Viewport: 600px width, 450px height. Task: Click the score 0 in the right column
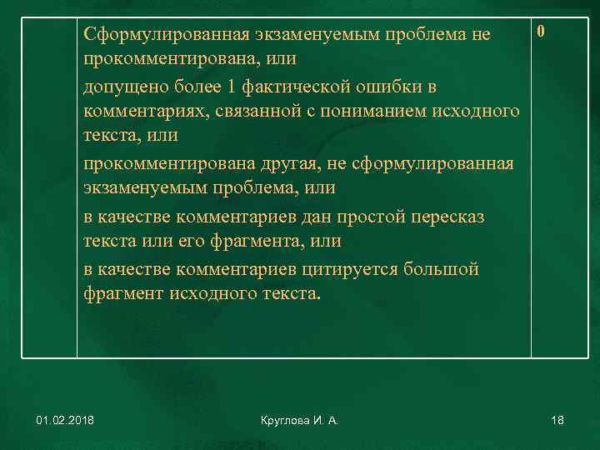point(542,32)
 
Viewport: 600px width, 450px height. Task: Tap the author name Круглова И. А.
point(298,422)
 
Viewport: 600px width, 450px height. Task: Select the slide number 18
point(557,422)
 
